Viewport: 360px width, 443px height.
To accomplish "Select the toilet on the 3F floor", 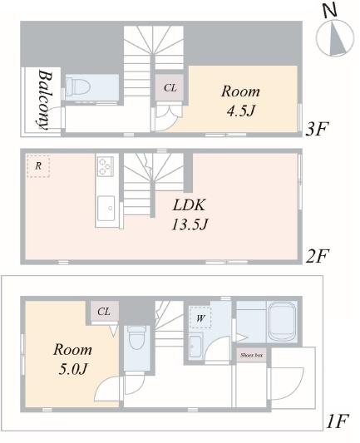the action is click(77, 85).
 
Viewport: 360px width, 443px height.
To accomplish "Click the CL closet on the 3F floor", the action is click(170, 87).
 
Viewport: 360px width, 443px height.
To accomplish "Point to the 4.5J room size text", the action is click(241, 111).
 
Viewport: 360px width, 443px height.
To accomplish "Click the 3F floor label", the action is click(317, 129).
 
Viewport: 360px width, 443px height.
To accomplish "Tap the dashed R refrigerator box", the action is click(38, 166).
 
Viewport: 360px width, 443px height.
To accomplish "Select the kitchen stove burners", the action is click(106, 166).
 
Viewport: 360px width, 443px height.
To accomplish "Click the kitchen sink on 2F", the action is click(106, 209).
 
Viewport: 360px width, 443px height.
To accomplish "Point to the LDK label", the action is click(189, 204).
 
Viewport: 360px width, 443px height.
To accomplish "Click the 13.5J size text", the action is click(190, 224).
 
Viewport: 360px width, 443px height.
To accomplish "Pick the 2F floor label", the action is click(317, 256).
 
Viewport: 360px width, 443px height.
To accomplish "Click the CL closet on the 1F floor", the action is click(104, 312).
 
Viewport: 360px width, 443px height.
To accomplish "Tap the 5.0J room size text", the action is click(73, 369).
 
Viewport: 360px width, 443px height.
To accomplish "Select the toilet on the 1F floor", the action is click(136, 337).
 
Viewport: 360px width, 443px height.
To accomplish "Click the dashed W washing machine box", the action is click(200, 317).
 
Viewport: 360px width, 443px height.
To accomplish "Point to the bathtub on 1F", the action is click(282, 322).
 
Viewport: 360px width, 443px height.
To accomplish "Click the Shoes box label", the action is click(251, 355).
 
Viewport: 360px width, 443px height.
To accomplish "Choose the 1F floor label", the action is click(338, 421).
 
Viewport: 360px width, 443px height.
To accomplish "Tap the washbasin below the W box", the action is click(195, 346).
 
